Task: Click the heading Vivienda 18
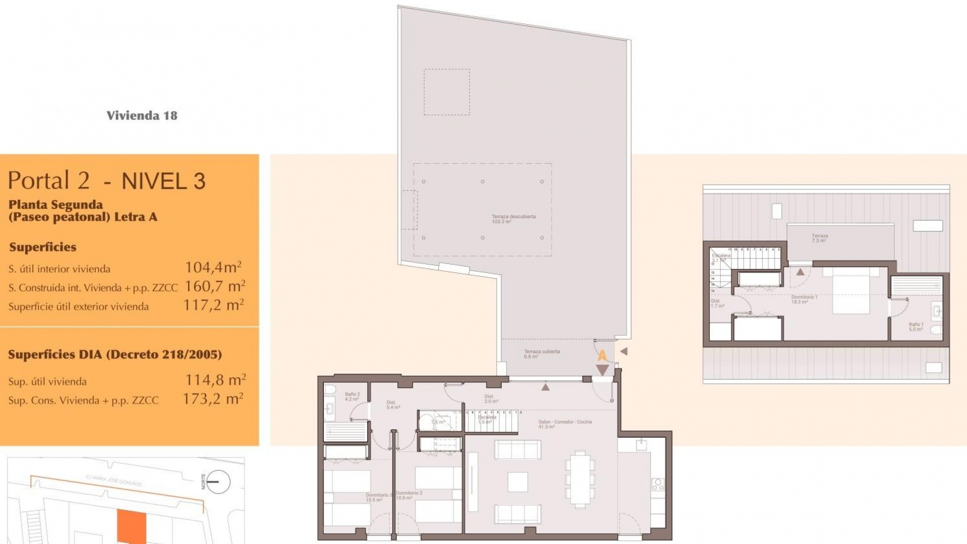[142, 115]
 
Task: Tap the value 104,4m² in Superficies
[213, 267]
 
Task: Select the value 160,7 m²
[215, 286]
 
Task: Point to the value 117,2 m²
[214, 305]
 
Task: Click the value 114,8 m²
[215, 380]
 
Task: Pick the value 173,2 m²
[213, 399]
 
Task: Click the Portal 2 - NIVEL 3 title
[107, 180]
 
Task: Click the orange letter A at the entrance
[602, 356]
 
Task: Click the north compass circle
[218, 482]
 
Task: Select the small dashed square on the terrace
[446, 92]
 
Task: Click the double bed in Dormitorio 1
[851, 290]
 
